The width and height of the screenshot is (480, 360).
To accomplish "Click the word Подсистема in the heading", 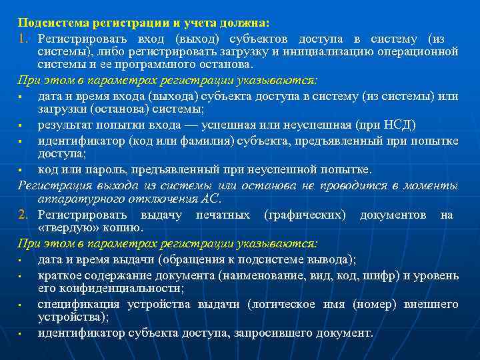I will (x=49, y=22).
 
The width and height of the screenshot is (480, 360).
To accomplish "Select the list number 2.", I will (x=23, y=215).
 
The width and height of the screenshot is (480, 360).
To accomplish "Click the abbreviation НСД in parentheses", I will (x=397, y=125).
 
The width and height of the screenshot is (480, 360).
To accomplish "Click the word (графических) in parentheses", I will (x=305, y=215).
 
